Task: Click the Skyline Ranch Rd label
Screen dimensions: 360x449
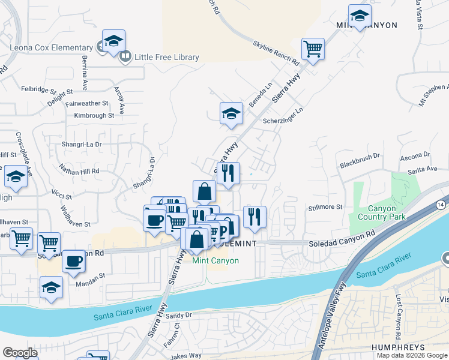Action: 276,53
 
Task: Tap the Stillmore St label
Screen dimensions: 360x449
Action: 325,207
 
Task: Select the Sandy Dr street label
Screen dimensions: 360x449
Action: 178,315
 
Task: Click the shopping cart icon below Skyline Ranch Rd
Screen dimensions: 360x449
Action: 313,49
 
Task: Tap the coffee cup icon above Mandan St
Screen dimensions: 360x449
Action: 74,261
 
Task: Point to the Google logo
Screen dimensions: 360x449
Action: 20,353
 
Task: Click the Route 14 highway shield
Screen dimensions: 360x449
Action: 441,203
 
